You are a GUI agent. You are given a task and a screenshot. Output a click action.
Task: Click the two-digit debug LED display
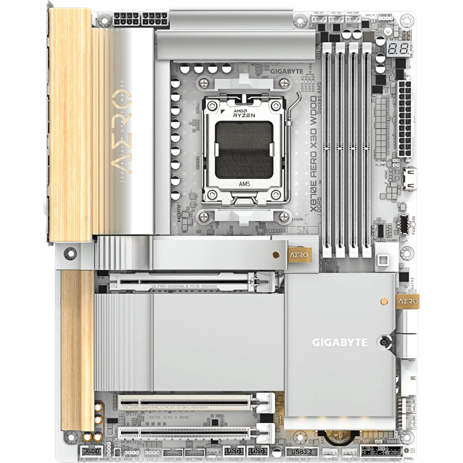point(397,49)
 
